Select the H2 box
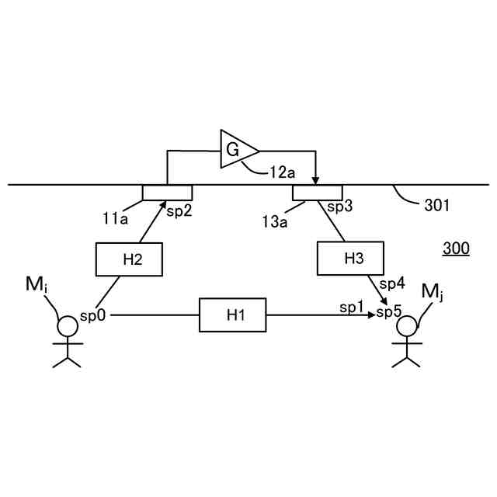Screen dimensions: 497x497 point(129,259)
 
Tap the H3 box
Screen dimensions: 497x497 point(352,259)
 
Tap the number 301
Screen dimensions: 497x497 point(436,207)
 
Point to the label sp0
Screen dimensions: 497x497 point(94,317)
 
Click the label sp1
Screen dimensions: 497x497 point(352,308)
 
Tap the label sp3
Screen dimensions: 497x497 point(339,207)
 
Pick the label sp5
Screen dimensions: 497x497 point(389,312)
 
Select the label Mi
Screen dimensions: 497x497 point(36,287)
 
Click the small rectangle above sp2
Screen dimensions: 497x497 point(167,192)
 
